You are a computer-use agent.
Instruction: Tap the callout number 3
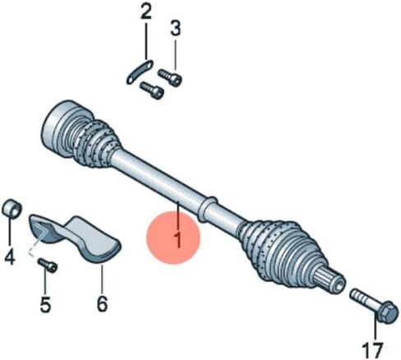point(175,29)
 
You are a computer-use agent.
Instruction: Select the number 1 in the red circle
point(178,240)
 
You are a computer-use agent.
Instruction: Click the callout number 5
point(45,304)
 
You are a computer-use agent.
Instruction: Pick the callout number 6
point(102,304)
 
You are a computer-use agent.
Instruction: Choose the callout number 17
point(373,350)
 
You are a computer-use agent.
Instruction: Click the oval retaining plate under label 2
point(140,72)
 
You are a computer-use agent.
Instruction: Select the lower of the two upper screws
point(151,90)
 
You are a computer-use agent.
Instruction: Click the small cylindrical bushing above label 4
point(12,209)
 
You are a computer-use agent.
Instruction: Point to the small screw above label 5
point(48,265)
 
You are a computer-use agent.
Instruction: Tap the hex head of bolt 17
point(386,313)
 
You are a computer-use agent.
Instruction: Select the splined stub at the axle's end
point(330,281)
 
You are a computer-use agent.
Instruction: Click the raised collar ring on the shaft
point(208,209)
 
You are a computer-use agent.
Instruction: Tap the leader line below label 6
point(101,279)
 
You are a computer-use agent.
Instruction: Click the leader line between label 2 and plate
point(146,41)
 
